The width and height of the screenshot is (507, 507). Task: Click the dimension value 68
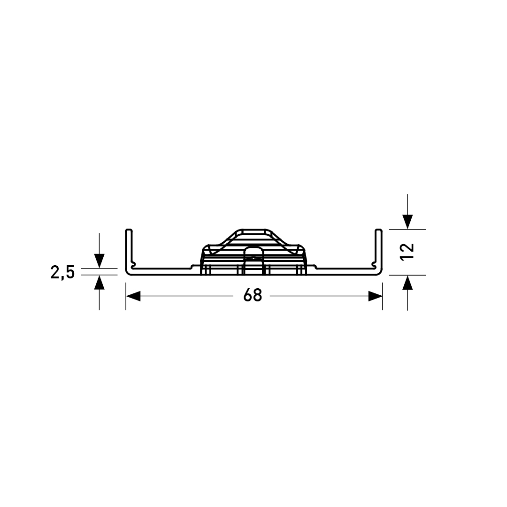[x=253, y=295]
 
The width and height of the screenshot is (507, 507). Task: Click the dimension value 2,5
[x=62, y=272]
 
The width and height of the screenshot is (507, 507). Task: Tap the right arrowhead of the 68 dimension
[x=375, y=296]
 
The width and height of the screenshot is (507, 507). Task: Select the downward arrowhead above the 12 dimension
[x=407, y=222]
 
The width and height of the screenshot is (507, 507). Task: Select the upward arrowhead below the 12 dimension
[x=407, y=283]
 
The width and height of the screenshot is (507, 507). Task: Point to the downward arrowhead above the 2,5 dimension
[x=99, y=261]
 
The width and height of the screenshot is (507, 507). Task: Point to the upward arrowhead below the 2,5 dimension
[x=99, y=282]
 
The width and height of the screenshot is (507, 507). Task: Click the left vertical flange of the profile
[x=129, y=249]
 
